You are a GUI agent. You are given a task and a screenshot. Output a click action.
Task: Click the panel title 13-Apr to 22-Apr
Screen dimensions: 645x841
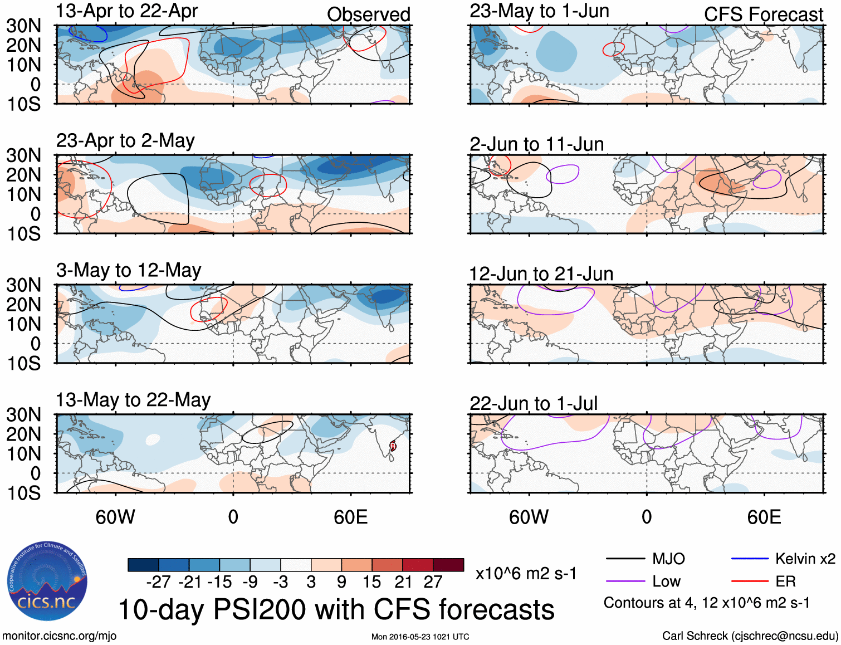(x=127, y=11)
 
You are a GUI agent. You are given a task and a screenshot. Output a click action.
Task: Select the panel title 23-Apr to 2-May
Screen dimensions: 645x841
(x=125, y=140)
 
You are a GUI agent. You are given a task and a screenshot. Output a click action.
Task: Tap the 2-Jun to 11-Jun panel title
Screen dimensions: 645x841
(x=536, y=144)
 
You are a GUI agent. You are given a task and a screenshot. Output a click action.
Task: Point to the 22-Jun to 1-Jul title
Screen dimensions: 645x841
(x=533, y=403)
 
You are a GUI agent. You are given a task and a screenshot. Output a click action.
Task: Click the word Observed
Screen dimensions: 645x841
(x=368, y=14)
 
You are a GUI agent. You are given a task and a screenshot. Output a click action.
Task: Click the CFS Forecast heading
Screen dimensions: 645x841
(x=763, y=14)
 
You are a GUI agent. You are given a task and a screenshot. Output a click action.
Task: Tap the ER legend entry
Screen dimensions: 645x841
(x=785, y=582)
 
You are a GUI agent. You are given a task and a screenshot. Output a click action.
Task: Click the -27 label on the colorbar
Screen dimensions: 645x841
(x=158, y=582)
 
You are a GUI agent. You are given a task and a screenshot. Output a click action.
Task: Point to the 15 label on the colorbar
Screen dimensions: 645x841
(x=371, y=582)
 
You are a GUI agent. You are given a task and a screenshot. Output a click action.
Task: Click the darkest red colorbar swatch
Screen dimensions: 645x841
(x=448, y=565)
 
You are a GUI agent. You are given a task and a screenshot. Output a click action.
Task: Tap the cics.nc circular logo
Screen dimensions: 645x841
(x=47, y=581)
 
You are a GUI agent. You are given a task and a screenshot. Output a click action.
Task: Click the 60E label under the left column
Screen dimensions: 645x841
(x=350, y=517)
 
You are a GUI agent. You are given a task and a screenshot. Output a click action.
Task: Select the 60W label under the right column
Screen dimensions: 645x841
(x=529, y=517)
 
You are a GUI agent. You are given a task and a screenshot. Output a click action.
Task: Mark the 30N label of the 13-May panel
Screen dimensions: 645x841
(x=23, y=414)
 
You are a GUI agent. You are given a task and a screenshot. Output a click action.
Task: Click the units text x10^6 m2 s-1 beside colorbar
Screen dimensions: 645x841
(x=526, y=573)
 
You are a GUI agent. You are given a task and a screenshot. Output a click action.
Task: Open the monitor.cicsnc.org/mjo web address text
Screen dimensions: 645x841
(x=59, y=636)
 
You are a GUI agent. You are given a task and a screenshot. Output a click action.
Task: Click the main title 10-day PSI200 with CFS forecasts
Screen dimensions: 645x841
(x=336, y=609)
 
